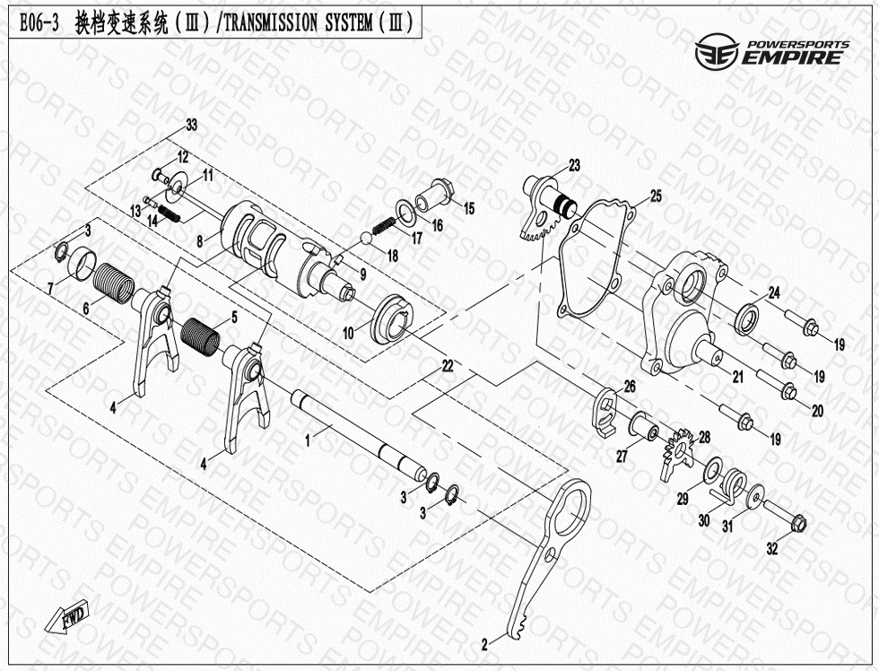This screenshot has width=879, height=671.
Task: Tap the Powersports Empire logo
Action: click(772, 53)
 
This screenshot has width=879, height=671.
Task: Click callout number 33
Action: click(192, 125)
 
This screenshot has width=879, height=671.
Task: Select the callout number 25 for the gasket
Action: click(656, 196)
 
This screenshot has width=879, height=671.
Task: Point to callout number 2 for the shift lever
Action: click(485, 645)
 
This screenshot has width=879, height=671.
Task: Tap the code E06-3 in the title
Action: click(39, 23)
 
